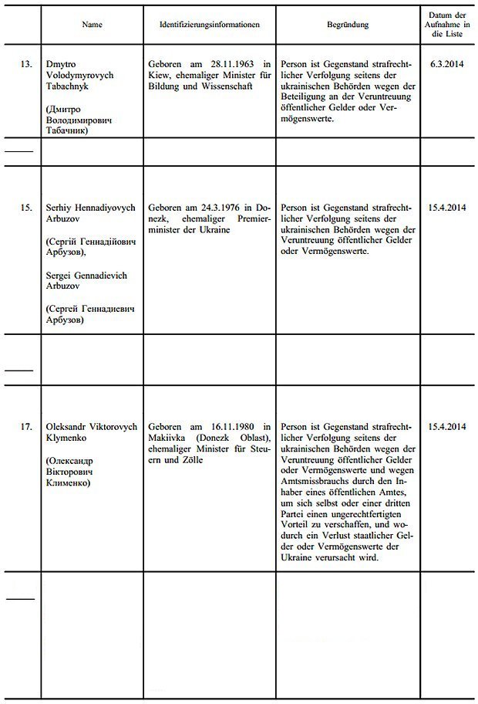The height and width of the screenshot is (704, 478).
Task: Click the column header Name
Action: coord(93,25)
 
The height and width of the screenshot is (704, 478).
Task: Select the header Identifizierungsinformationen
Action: coord(208,25)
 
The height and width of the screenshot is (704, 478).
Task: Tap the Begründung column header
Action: coord(347,25)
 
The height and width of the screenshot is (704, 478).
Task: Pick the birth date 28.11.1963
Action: coord(230,65)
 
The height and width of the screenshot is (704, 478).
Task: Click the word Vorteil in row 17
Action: coord(297,526)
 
